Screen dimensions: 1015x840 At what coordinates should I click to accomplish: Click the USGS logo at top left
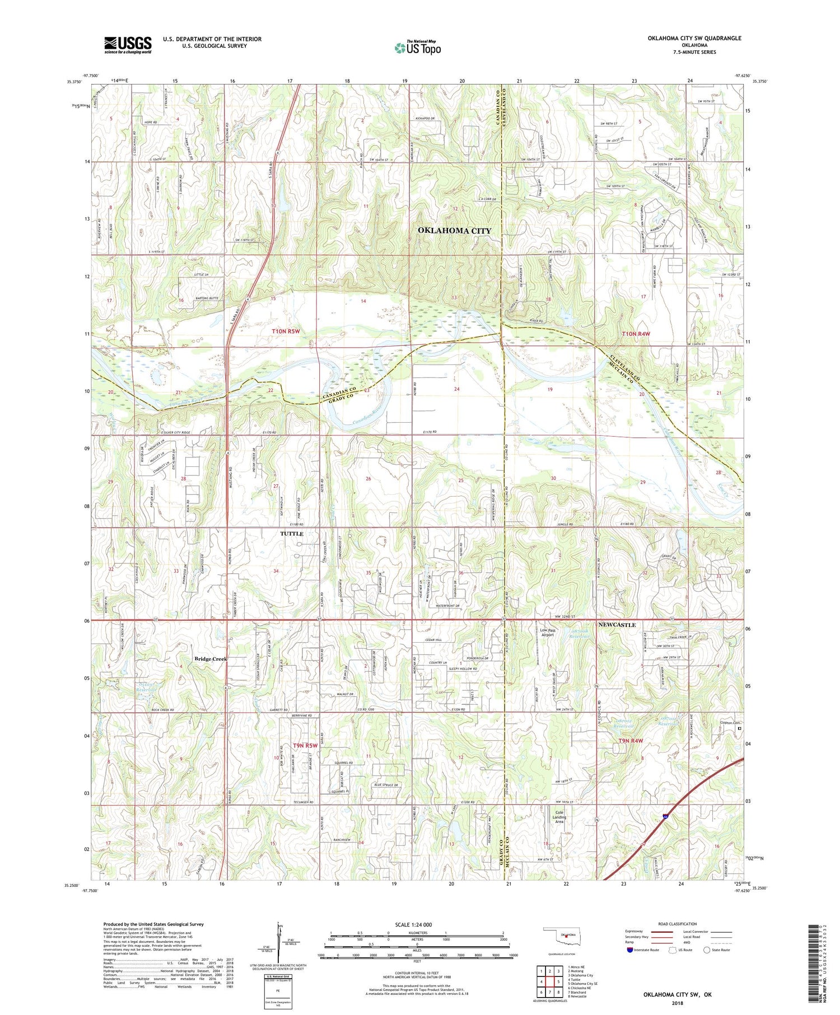click(128, 45)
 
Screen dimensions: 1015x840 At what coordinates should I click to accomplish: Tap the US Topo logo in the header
click(417, 48)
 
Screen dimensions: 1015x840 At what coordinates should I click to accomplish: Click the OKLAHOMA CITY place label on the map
click(454, 231)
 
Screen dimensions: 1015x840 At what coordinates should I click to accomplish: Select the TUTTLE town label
click(291, 534)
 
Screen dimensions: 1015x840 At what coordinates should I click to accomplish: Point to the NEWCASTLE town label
click(617, 624)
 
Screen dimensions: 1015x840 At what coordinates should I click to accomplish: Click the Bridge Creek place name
click(211, 659)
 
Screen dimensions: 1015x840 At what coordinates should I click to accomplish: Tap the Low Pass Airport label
click(547, 633)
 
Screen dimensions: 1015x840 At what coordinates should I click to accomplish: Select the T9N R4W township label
click(631, 741)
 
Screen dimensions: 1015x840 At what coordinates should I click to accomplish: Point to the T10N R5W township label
click(286, 331)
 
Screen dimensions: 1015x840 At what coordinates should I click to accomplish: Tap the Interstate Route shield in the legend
click(630, 949)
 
